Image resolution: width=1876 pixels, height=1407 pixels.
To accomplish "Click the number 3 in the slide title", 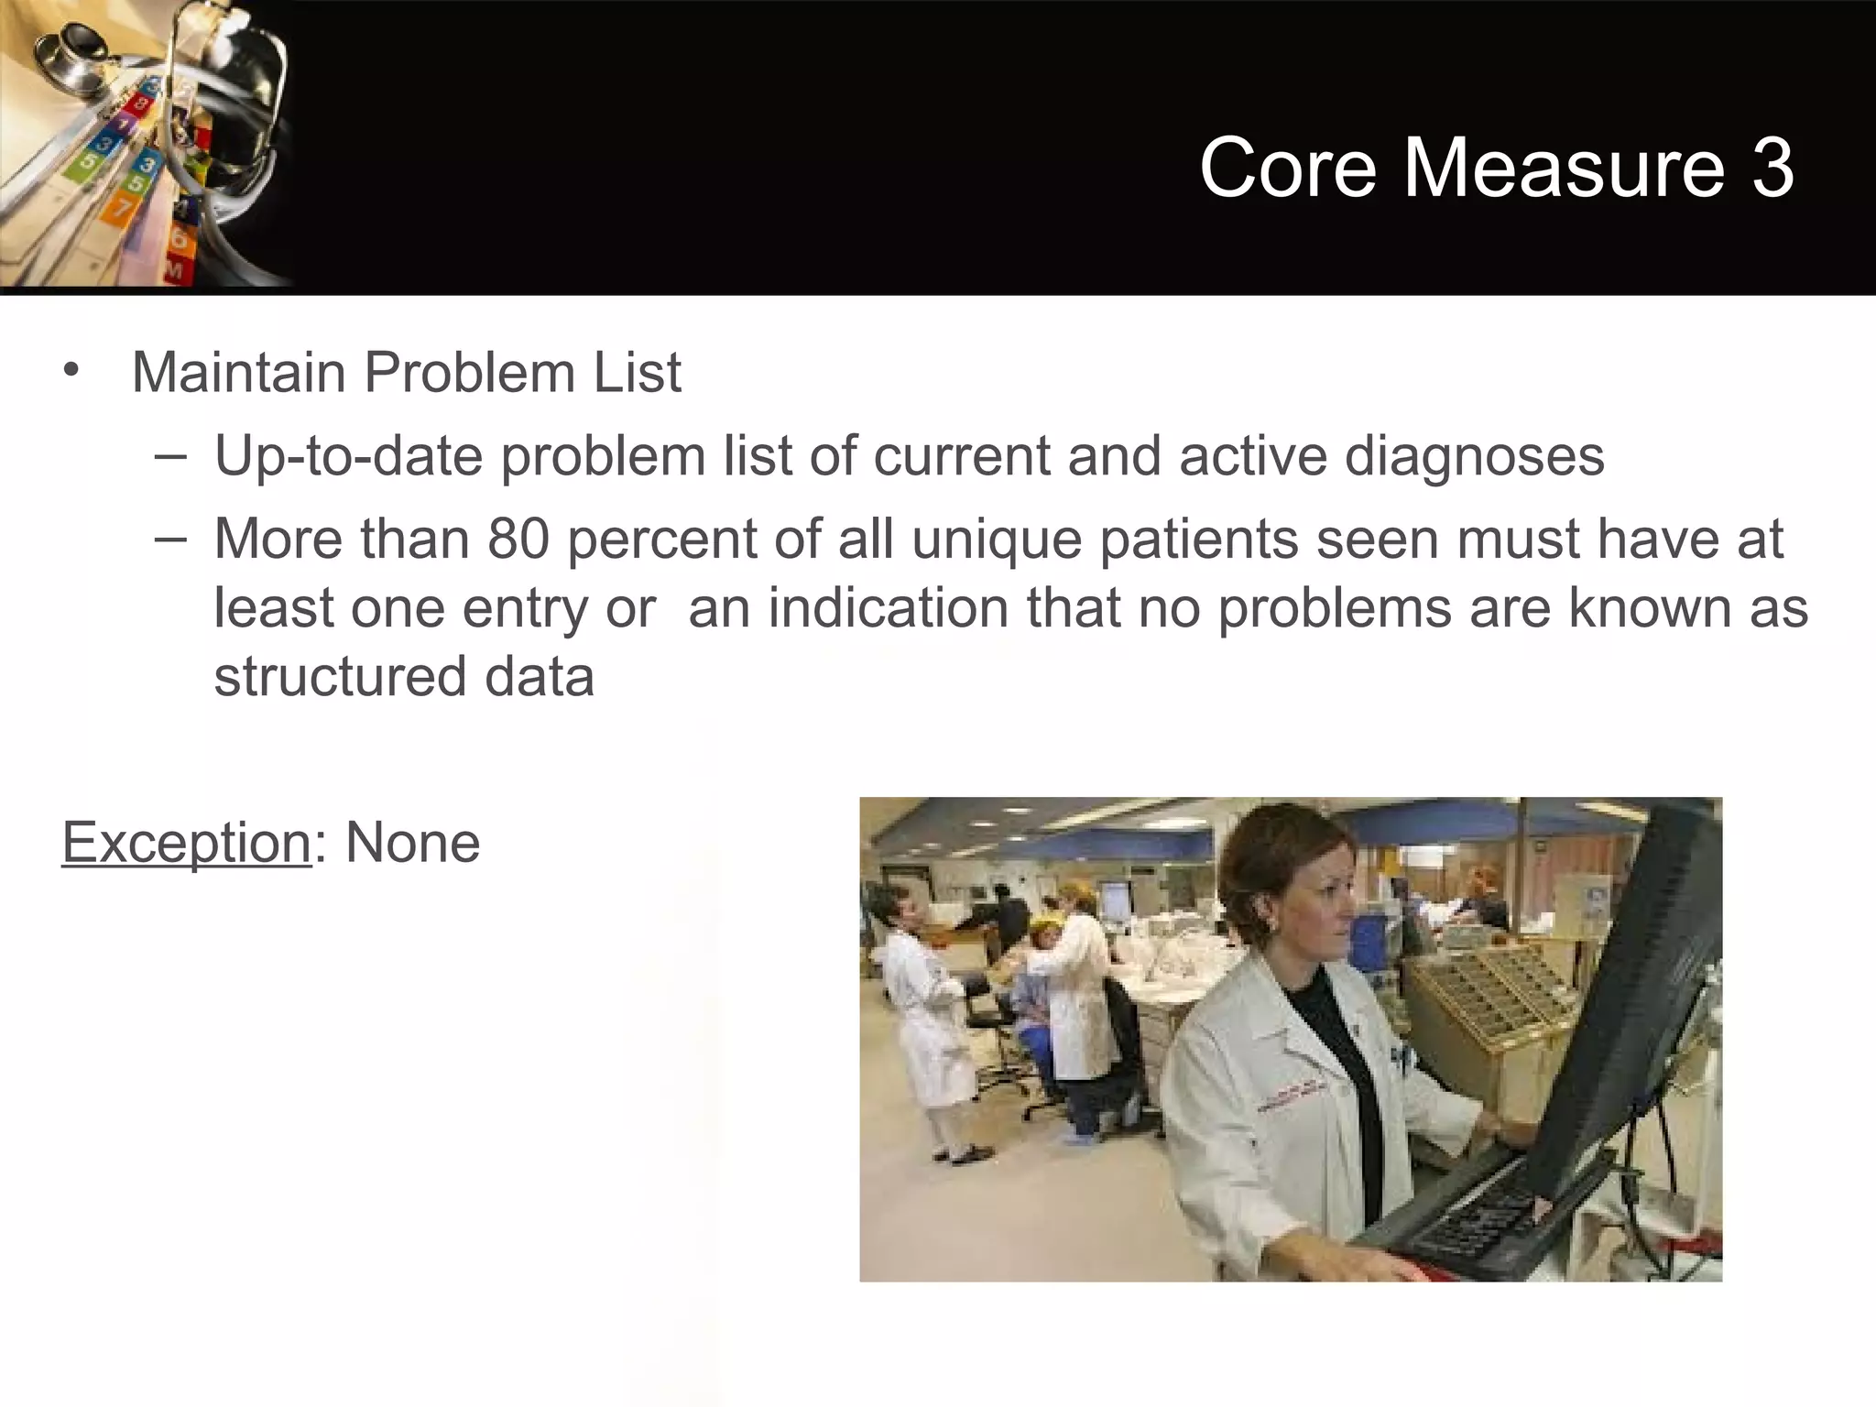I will point(1772,167).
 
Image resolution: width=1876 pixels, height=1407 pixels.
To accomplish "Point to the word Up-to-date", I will point(348,456).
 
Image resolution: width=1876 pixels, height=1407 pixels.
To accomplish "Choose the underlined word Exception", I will point(186,843).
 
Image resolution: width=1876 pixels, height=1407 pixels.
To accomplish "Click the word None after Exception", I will point(412,843).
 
